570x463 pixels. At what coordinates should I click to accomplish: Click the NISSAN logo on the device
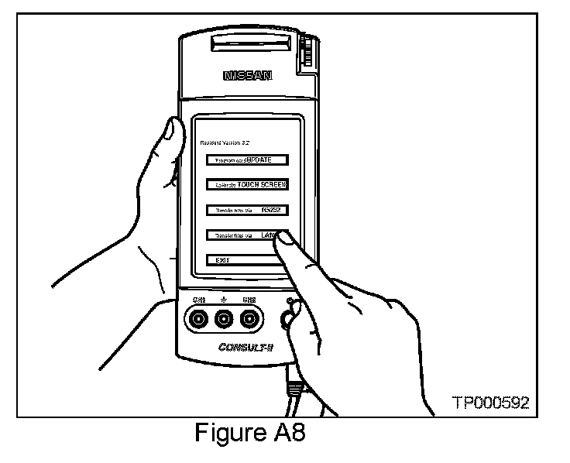(248, 76)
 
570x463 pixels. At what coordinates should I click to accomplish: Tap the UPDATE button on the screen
(247, 160)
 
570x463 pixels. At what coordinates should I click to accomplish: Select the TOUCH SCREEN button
(247, 185)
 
